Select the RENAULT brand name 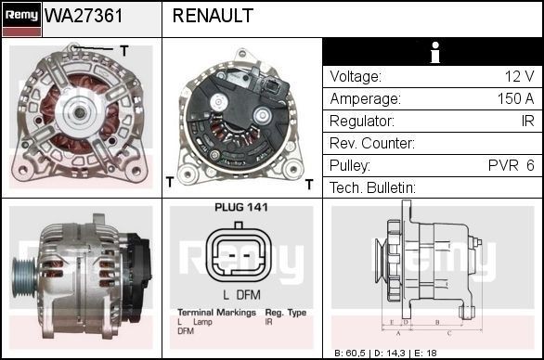pos(213,16)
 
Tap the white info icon pos(433,54)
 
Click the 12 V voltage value pos(519,77)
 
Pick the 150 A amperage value pos(515,99)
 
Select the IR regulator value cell pos(526,122)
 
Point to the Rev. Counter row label pos(371,144)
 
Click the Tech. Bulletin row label pos(372,188)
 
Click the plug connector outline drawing pos(240,254)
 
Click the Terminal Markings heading pos(215,313)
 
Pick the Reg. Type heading pos(285,313)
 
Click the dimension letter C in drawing pos(449,331)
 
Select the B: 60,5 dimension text pos(352,354)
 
